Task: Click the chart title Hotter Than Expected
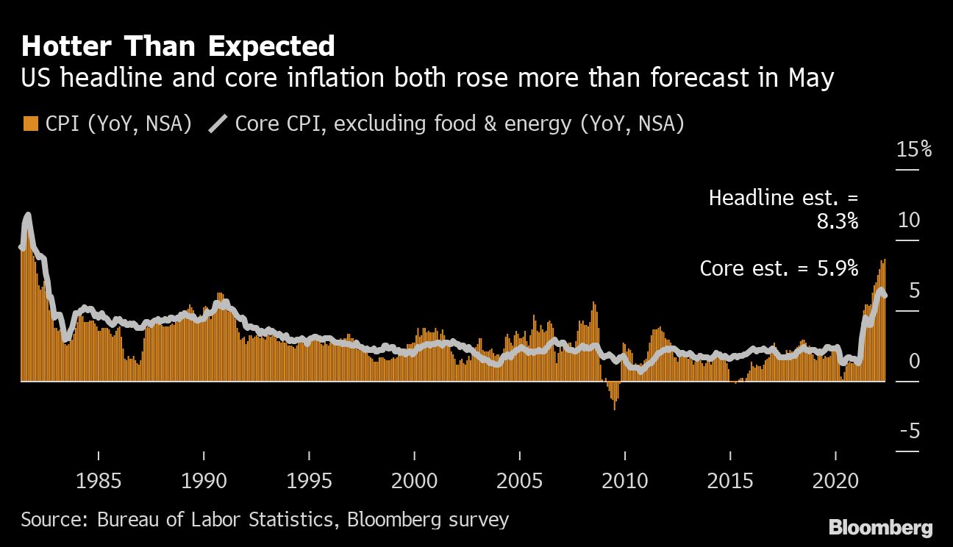(x=178, y=46)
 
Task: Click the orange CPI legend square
(x=30, y=124)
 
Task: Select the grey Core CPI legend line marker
(x=217, y=124)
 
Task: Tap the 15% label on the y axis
(x=913, y=150)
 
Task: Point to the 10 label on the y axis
(x=909, y=220)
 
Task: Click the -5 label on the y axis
(x=909, y=431)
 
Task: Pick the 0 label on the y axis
(x=914, y=361)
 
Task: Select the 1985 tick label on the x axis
(x=98, y=482)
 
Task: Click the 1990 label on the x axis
(x=204, y=482)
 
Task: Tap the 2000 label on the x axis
(x=414, y=482)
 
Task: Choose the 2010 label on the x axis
(x=624, y=482)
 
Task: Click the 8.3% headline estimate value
(x=838, y=221)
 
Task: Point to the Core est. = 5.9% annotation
(x=779, y=268)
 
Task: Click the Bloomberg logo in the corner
(x=880, y=527)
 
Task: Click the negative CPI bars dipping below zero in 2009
(x=613, y=397)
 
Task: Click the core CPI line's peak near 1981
(x=27, y=216)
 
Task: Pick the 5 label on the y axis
(x=914, y=290)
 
